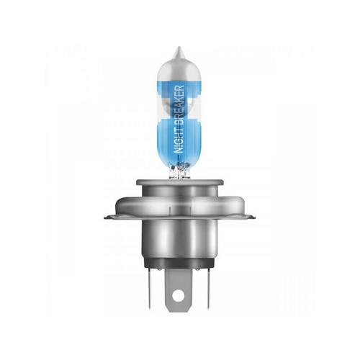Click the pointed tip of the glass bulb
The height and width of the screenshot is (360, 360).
pyautogui.click(x=179, y=47)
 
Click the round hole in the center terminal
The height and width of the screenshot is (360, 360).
pyautogui.click(x=178, y=295)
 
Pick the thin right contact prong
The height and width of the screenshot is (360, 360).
pyautogui.click(x=207, y=287)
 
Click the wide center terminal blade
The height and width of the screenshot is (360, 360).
pyautogui.click(x=178, y=290)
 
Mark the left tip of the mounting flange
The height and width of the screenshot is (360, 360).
pyautogui.click(x=104, y=217)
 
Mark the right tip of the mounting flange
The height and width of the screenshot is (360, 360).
pyautogui.click(x=255, y=217)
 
